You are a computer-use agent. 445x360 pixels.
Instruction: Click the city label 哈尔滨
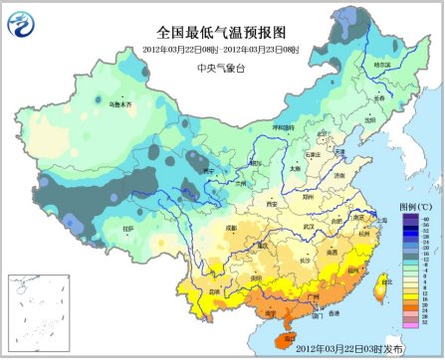[x=383, y=65]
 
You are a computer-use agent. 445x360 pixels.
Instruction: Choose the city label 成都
[x=232, y=228]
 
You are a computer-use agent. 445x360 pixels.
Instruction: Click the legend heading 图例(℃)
[x=414, y=206]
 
